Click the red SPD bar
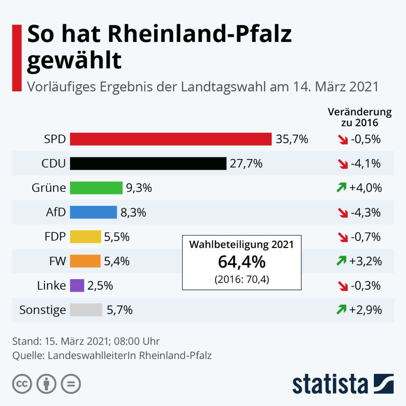point(170,139)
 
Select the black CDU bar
point(148,163)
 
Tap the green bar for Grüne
point(96,188)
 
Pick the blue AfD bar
point(94,213)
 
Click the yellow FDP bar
point(86,237)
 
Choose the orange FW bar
point(85,261)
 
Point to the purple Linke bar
point(77,285)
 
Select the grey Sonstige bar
point(86,310)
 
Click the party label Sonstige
point(42,310)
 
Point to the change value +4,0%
point(365,188)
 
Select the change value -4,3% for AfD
point(365,213)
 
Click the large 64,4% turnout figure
point(241,262)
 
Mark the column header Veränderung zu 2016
point(360,117)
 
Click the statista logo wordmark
point(330,384)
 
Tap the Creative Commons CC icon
point(22,384)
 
